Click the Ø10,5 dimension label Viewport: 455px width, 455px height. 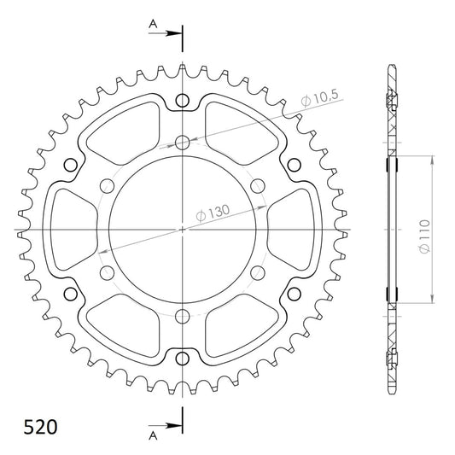pos(319,98)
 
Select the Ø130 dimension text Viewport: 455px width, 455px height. pos(213,213)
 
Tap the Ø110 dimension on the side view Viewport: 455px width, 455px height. pos(424,236)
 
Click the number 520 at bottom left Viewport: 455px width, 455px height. pos(40,427)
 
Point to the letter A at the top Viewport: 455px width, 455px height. pos(153,24)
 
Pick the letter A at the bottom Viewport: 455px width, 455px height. pos(153,435)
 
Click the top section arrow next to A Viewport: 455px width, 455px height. pos(165,33)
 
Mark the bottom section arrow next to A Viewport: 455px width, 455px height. pos(165,426)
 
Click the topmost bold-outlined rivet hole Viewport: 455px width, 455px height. pos(182,101)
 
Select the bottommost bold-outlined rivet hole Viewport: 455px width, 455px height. pos(182,359)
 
